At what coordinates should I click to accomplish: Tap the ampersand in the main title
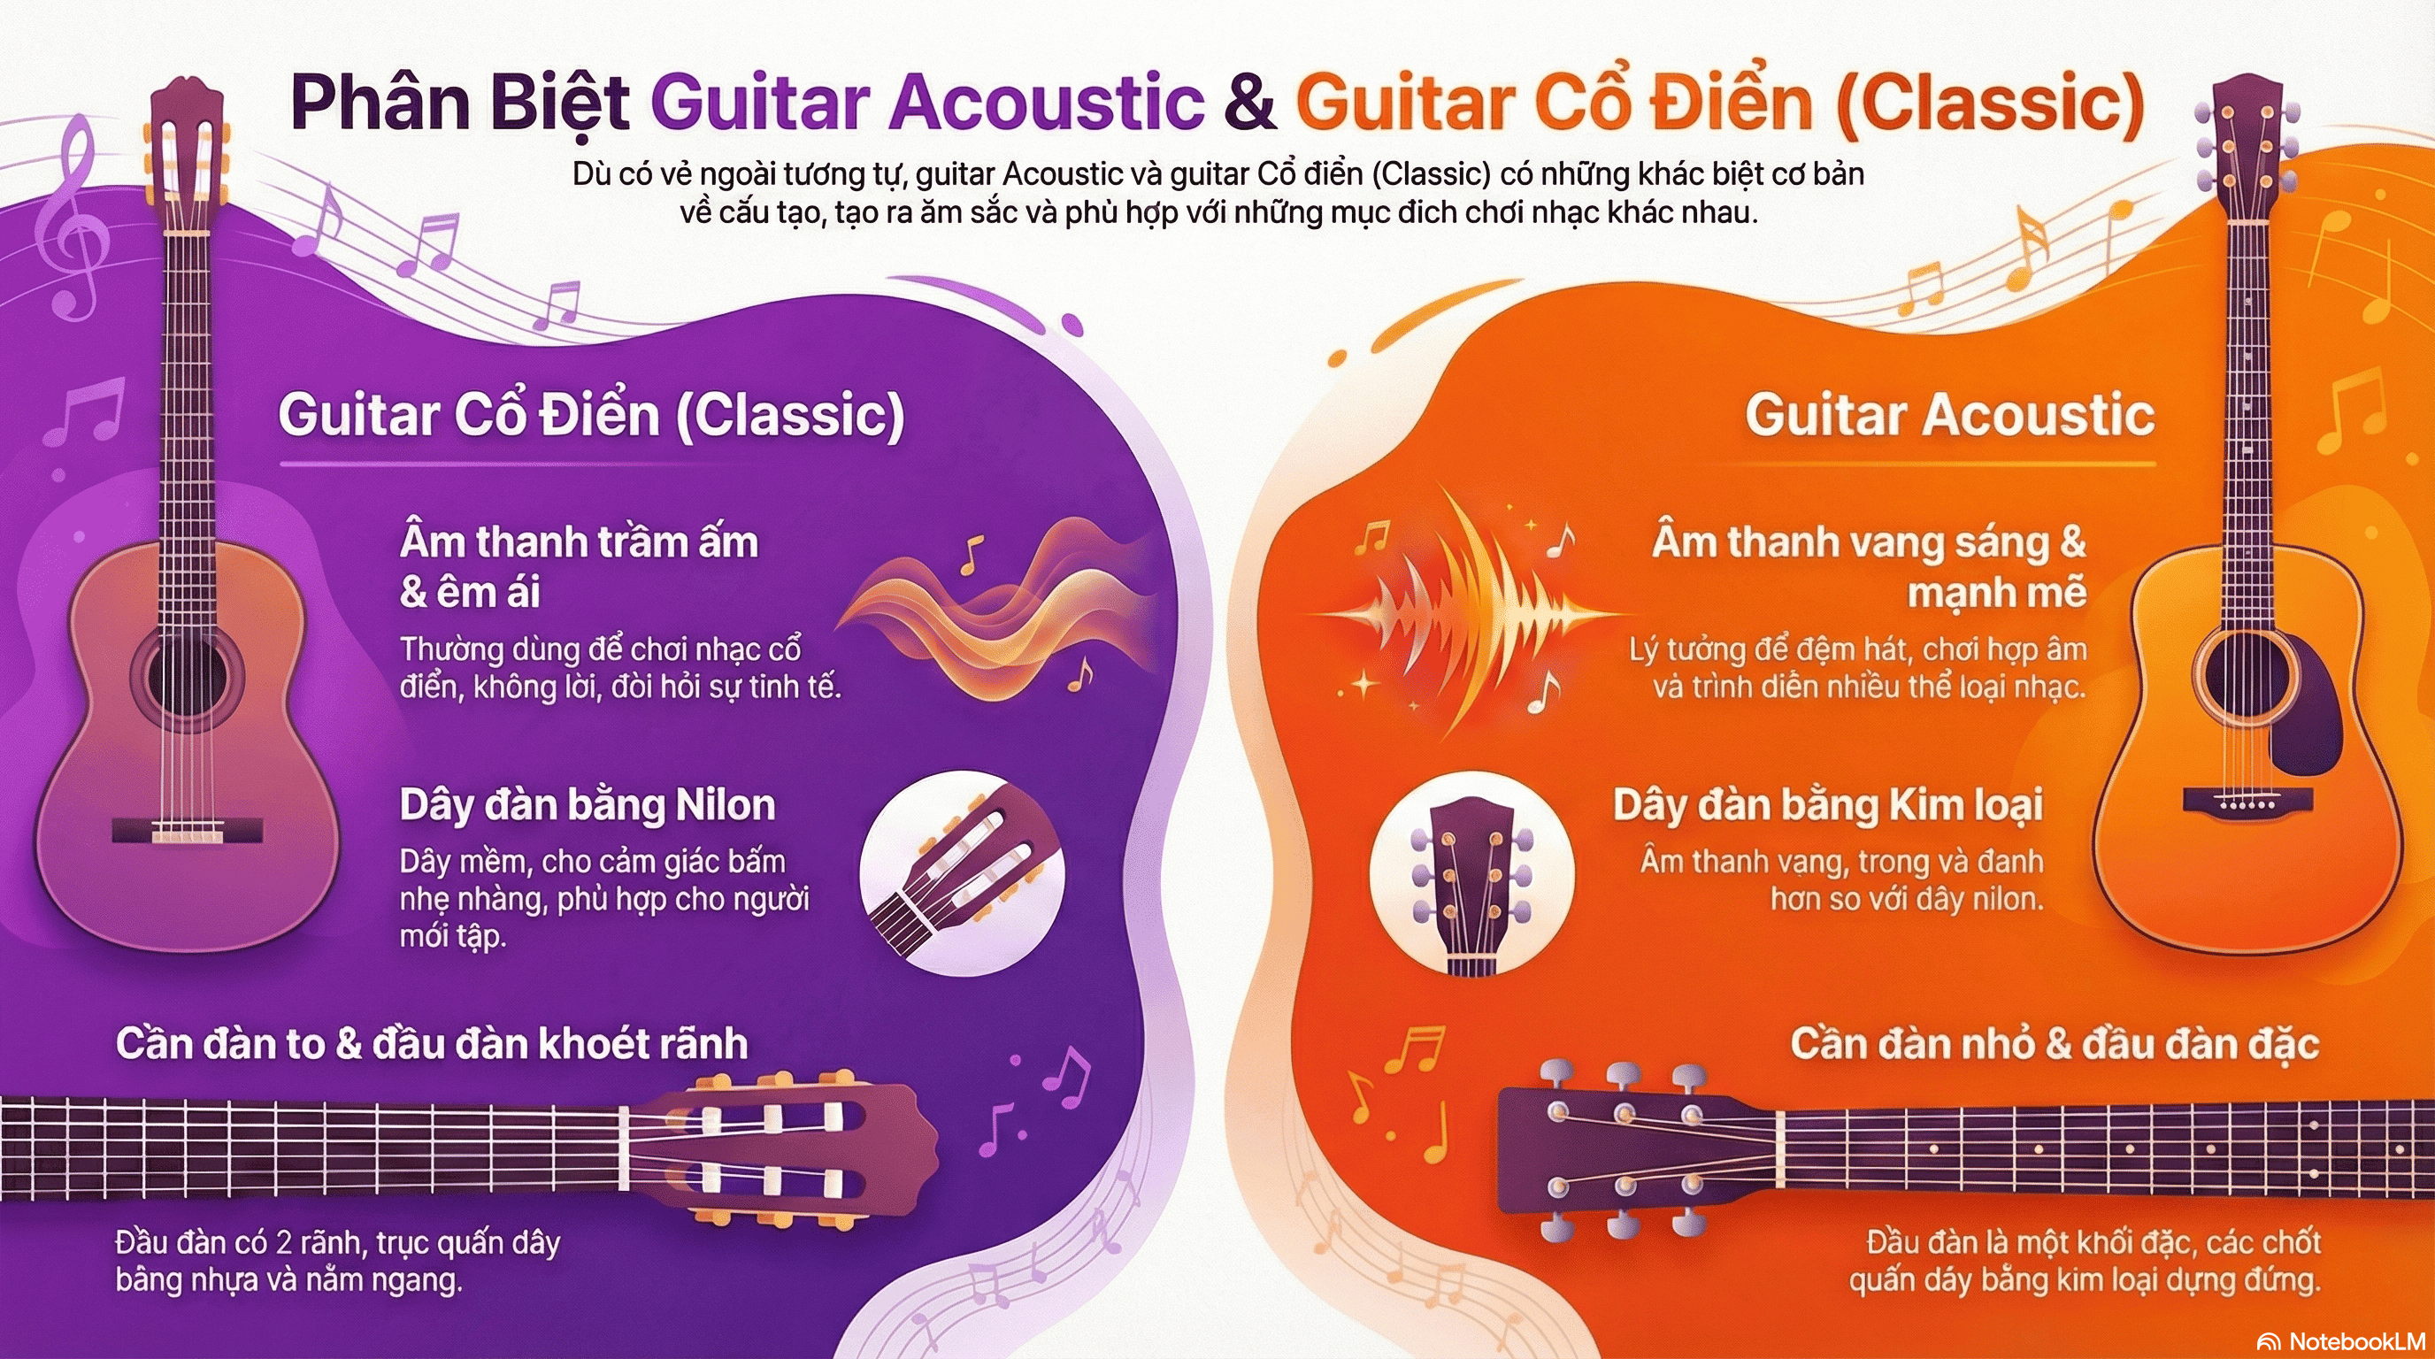pyautogui.click(x=1249, y=103)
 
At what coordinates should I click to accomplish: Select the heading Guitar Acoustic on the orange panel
pyautogui.click(x=1950, y=415)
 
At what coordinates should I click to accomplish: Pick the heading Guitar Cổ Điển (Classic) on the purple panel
pyautogui.click(x=592, y=415)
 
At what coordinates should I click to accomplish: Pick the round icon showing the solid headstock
pyautogui.click(x=1471, y=874)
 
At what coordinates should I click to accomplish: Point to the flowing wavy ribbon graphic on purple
pyautogui.click(x=997, y=610)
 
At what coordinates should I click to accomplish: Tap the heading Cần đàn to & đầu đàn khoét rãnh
pyautogui.click(x=431, y=1044)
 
